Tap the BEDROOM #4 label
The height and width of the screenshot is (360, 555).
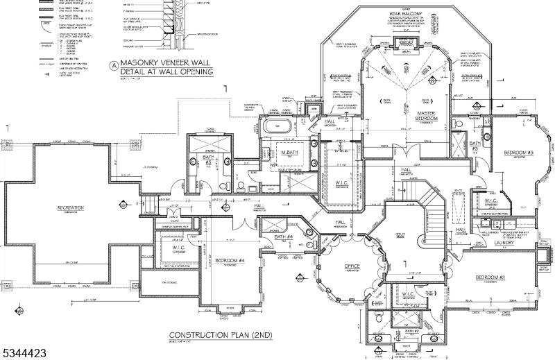[230, 261]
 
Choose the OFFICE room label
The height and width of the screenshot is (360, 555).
[352, 266]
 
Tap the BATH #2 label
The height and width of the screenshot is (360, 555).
[412, 331]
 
